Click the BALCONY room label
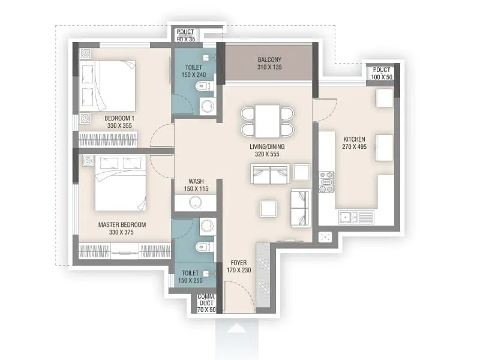(269, 59)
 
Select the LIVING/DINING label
(267, 146)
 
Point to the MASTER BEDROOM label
(122, 225)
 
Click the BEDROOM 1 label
(119, 118)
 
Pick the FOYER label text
(238, 263)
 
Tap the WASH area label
(196, 181)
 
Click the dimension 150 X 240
(194, 76)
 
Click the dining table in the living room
(268, 121)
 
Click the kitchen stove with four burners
(326, 182)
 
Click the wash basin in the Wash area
(194, 203)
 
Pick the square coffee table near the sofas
(268, 208)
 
